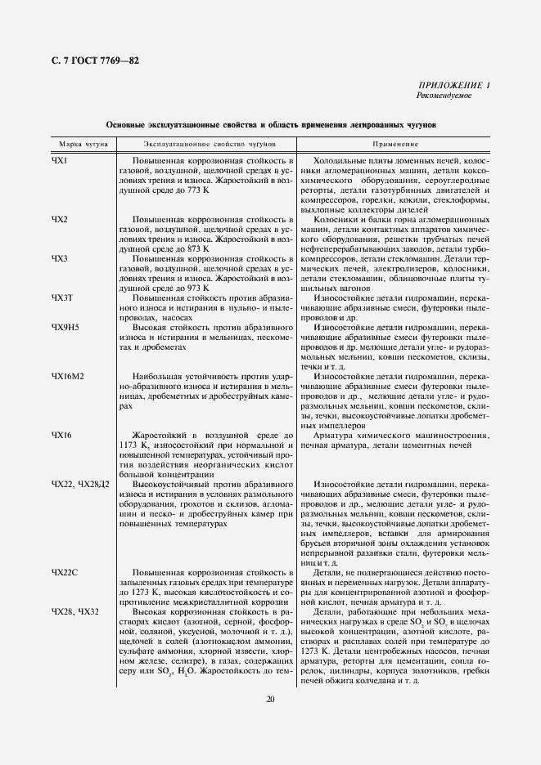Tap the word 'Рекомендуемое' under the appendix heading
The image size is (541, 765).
coord(443,96)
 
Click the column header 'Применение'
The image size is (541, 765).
coord(395,144)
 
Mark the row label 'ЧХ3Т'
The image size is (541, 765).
coord(63,298)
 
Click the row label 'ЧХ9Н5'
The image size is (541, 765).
coord(65,327)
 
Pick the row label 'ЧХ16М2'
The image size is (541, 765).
coord(69,376)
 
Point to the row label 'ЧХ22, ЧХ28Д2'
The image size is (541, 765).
coord(80,484)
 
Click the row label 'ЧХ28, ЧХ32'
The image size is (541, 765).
coord(74,611)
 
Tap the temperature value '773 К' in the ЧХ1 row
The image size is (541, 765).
coord(196,190)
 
